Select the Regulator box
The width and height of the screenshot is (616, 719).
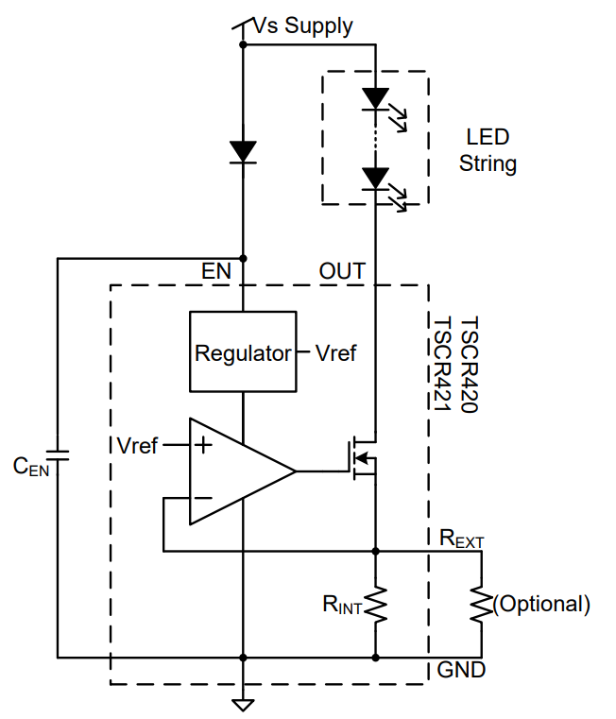click(243, 351)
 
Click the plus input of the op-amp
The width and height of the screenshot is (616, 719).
click(202, 444)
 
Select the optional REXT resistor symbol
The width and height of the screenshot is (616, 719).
click(482, 605)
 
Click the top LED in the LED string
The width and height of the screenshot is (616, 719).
click(376, 97)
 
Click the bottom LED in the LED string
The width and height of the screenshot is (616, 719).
click(376, 178)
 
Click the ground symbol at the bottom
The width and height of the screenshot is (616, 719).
click(243, 703)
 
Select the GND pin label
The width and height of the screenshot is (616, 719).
click(461, 671)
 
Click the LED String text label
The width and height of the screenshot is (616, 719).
click(488, 150)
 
